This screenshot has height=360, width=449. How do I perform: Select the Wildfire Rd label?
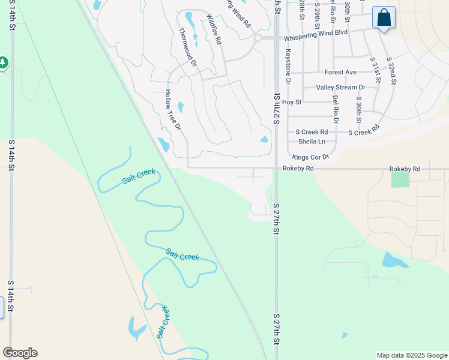(x=214, y=30)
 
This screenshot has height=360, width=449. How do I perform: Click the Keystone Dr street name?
(x=288, y=66)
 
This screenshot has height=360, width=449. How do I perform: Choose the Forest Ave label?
(x=340, y=72)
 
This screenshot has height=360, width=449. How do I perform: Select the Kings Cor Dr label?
(x=311, y=157)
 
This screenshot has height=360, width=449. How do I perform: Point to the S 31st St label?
(x=375, y=71)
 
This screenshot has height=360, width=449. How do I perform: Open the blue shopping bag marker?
(x=384, y=17)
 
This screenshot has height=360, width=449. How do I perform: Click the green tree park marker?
(x=2, y=62)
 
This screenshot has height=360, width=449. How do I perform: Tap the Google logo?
(x=20, y=353)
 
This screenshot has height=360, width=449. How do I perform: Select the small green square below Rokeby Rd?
(x=399, y=179)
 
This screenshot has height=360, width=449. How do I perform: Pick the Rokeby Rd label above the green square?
(x=405, y=169)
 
